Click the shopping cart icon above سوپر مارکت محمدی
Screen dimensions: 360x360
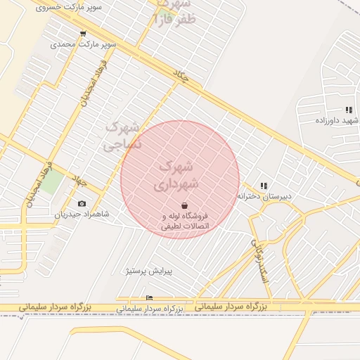(x=84, y=34)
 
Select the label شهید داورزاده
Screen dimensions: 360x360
(x=336, y=120)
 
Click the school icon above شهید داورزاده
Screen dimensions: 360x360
(x=349, y=110)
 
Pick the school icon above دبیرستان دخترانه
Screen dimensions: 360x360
(x=264, y=186)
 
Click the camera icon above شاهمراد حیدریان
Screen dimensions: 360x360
(x=82, y=204)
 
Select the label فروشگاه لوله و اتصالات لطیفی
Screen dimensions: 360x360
(x=186, y=221)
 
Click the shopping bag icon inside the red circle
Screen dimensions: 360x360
(x=184, y=206)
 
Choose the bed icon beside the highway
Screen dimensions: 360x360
(x=149, y=298)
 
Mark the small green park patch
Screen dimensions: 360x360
(x=51, y=181)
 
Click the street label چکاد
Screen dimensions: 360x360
(x=181, y=77)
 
